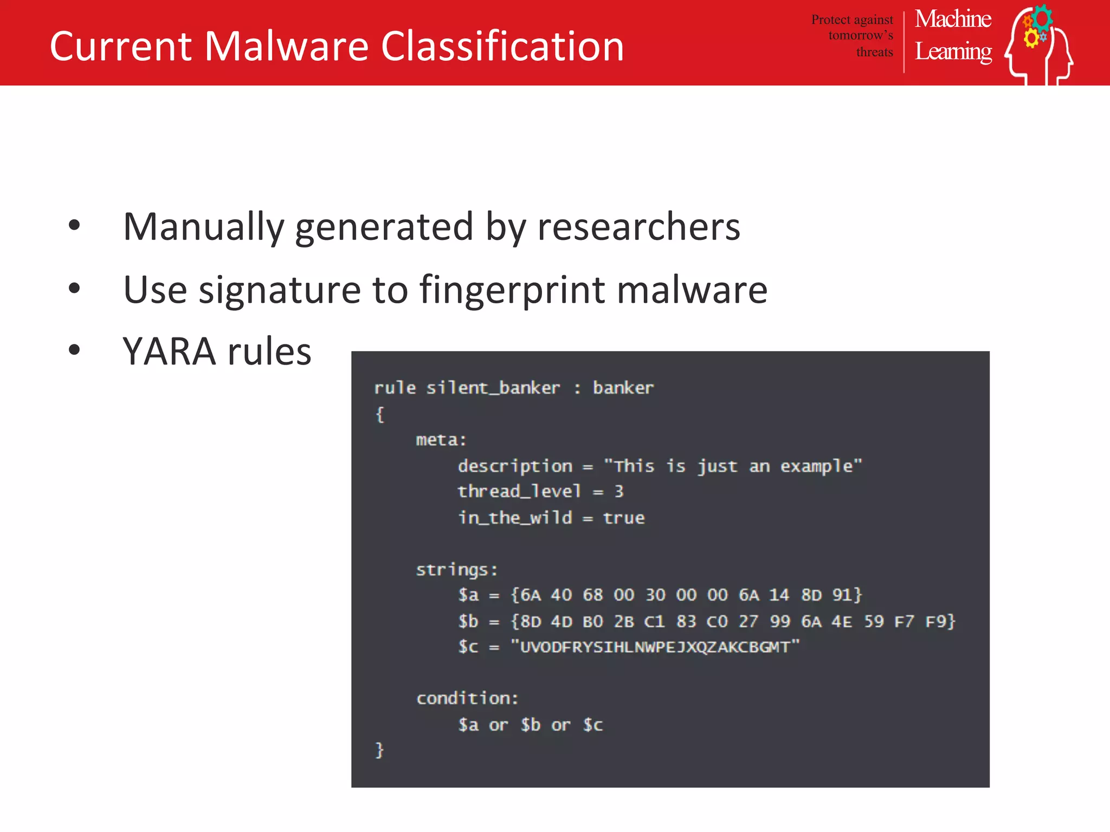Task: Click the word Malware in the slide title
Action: (x=287, y=46)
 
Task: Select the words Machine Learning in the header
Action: (x=953, y=36)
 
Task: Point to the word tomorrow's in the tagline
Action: (x=860, y=36)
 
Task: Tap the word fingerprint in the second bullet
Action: (x=513, y=289)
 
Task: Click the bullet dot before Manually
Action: (x=74, y=225)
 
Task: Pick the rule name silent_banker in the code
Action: (x=493, y=388)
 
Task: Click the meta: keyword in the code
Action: (x=441, y=440)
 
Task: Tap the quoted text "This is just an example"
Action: (x=733, y=466)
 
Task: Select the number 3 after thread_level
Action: (x=619, y=491)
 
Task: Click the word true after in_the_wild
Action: (x=624, y=518)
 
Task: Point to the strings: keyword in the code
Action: (x=456, y=570)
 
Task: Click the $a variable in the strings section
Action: (x=468, y=595)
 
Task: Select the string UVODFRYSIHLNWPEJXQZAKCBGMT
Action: (x=655, y=647)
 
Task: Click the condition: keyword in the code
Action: (x=467, y=698)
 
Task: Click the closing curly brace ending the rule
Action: (x=379, y=750)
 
